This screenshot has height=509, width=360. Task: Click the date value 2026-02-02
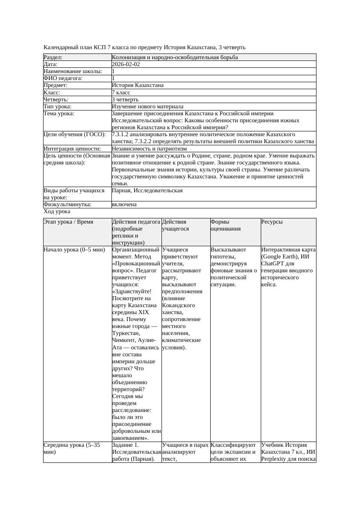126,64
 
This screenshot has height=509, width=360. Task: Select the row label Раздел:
53,57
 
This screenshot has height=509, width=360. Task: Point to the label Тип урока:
57,107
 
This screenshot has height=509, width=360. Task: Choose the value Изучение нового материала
148,107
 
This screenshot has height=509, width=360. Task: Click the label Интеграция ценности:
70,149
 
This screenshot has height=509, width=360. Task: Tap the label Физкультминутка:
67,204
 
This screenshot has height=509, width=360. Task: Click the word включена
124,204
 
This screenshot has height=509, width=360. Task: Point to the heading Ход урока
57,211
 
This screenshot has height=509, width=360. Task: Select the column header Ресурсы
272,222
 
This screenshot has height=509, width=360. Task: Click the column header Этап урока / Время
68,222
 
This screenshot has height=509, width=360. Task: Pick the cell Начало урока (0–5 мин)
74,250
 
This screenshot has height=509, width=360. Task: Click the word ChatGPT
272,264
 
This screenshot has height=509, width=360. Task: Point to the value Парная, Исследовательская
147,191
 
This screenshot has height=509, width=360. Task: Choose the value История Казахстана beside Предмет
138,86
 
